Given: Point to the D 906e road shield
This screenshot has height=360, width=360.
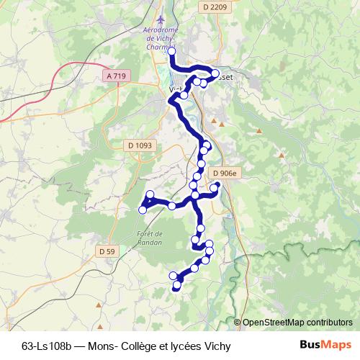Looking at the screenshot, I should tap(225, 173).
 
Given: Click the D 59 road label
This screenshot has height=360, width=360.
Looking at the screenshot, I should tap(107, 251).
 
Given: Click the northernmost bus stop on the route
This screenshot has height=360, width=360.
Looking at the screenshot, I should tap(171, 50).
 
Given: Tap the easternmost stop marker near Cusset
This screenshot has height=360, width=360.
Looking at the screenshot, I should tap(215, 73).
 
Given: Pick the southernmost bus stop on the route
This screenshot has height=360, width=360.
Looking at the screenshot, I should tap(177, 286).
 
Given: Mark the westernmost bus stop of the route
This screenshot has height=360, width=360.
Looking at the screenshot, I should tap(143, 210).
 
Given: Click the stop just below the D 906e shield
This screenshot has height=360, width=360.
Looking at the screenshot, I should tap(215, 186).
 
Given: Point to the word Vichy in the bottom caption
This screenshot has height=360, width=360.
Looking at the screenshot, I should tap(216, 346).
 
